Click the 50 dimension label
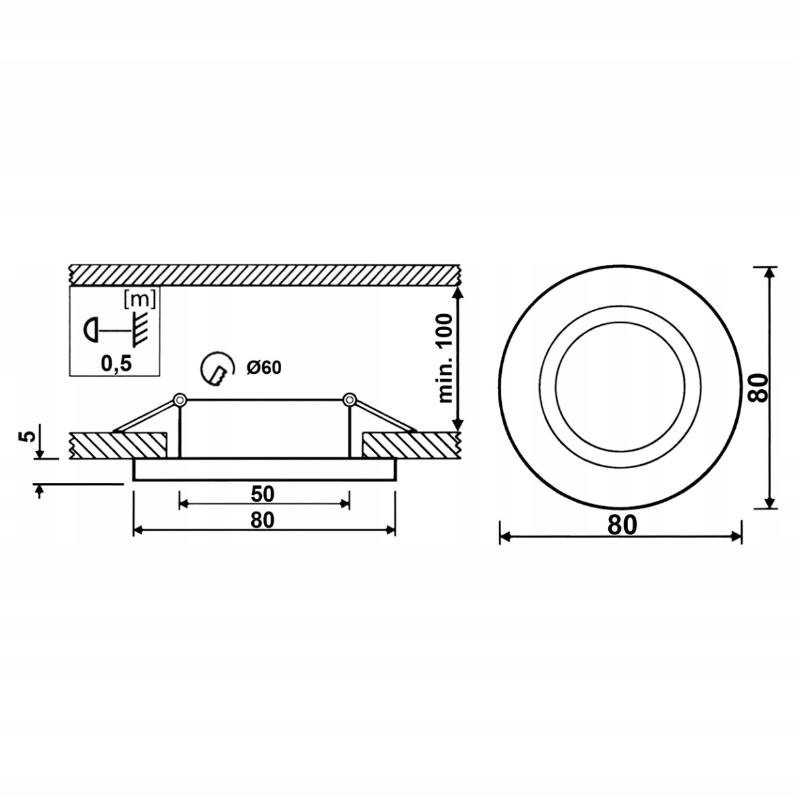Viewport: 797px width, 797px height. click(x=263, y=494)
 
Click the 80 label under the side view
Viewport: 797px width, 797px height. click(x=263, y=520)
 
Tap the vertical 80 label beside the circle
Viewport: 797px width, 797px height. click(x=758, y=387)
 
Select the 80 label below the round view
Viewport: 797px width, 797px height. click(x=622, y=526)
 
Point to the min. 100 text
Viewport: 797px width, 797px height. click(x=445, y=358)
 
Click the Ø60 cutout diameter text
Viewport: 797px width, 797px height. click(x=264, y=368)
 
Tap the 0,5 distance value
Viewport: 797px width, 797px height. click(x=116, y=364)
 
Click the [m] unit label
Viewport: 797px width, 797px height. click(x=140, y=300)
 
